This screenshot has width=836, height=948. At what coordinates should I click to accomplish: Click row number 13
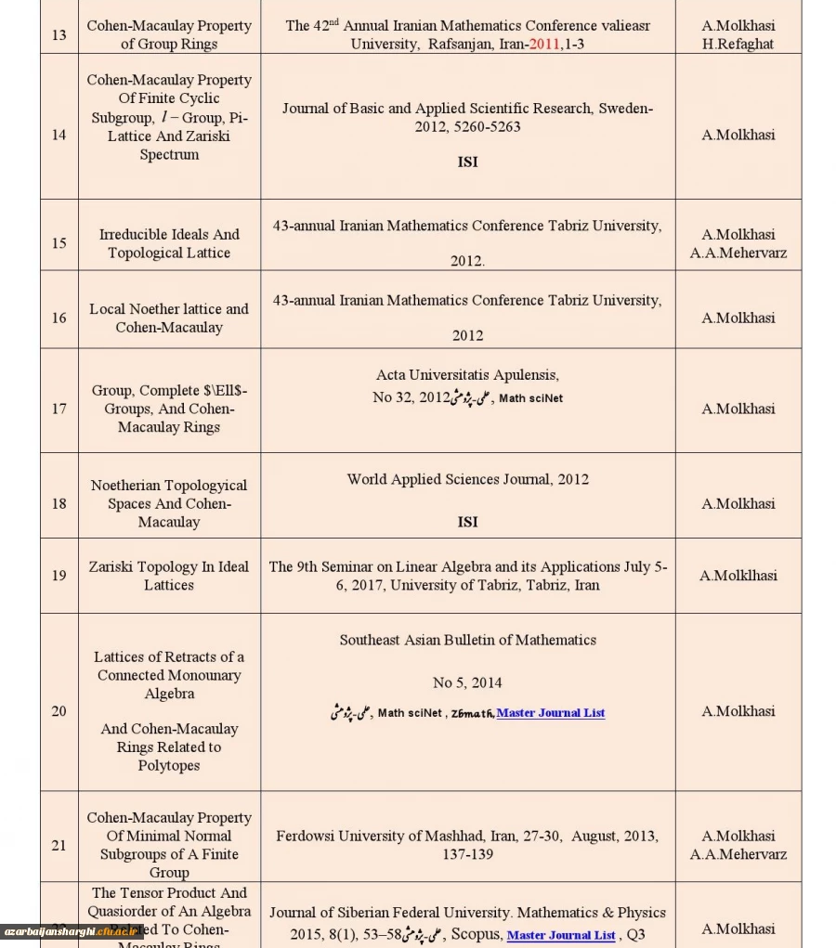point(59,34)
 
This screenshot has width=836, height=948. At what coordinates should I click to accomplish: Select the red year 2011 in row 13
point(544,44)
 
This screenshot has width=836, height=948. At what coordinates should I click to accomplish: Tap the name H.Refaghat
point(738,44)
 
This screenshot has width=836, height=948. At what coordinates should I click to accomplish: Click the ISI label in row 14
point(467,162)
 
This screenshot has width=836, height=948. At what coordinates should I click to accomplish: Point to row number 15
point(59,243)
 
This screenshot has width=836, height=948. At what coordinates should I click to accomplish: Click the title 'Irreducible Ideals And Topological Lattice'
point(169,243)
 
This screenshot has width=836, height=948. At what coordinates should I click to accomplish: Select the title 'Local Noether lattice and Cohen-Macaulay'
point(169,318)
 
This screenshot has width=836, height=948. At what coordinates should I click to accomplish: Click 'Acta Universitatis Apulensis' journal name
point(467,375)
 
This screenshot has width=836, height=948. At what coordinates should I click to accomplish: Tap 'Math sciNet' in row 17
point(530,398)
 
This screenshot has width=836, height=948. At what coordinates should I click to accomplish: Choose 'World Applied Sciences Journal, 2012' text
point(467,479)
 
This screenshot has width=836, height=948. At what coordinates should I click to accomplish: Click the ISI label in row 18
point(467,522)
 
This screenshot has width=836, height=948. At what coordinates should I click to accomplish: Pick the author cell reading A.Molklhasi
point(738,576)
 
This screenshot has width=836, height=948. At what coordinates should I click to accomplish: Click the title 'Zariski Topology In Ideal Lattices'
point(169,576)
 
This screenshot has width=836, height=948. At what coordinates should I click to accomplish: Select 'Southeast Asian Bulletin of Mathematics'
point(467,640)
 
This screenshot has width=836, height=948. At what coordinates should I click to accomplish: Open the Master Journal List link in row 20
point(551,713)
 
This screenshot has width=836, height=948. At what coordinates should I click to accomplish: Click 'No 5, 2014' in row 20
point(467,682)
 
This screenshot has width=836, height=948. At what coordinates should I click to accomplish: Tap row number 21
point(59,845)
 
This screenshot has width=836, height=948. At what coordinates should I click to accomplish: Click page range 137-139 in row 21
point(467,854)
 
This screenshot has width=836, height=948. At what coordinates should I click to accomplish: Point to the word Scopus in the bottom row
point(476,934)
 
